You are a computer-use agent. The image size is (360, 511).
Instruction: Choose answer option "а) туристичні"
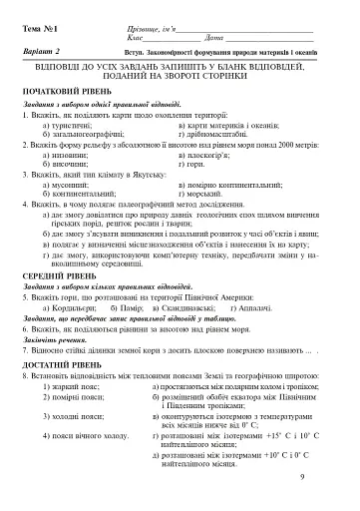[x=68, y=127]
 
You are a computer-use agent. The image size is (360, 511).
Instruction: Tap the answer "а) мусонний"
[x=66, y=184]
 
